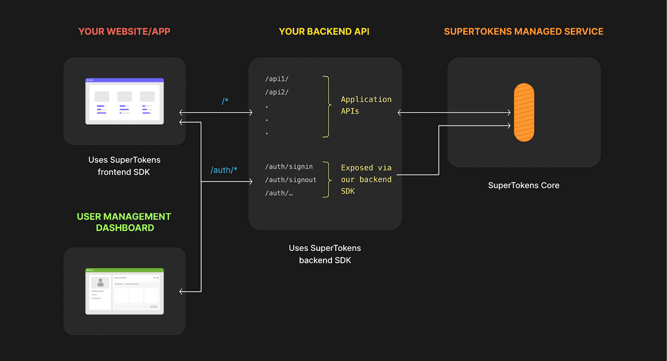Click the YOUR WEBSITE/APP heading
tap(124, 31)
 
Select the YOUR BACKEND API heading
tap(324, 31)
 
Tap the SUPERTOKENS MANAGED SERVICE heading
tap(524, 31)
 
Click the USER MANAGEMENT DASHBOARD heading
tap(124, 222)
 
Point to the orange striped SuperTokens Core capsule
tap(524, 112)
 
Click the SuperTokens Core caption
tap(524, 185)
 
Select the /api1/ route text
tap(277, 79)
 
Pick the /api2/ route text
tap(277, 92)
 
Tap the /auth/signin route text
tap(289, 167)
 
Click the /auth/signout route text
tap(291, 180)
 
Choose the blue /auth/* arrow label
tap(224, 170)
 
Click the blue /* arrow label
tap(226, 101)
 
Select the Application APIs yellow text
tap(366, 105)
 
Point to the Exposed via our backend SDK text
tap(366, 179)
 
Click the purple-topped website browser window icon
tap(124, 101)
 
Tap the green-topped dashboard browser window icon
tap(124, 291)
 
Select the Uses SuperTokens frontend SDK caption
tap(124, 166)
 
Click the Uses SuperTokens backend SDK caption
tap(325, 254)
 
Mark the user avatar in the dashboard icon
tap(100, 283)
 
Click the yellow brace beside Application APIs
tap(326, 106)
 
